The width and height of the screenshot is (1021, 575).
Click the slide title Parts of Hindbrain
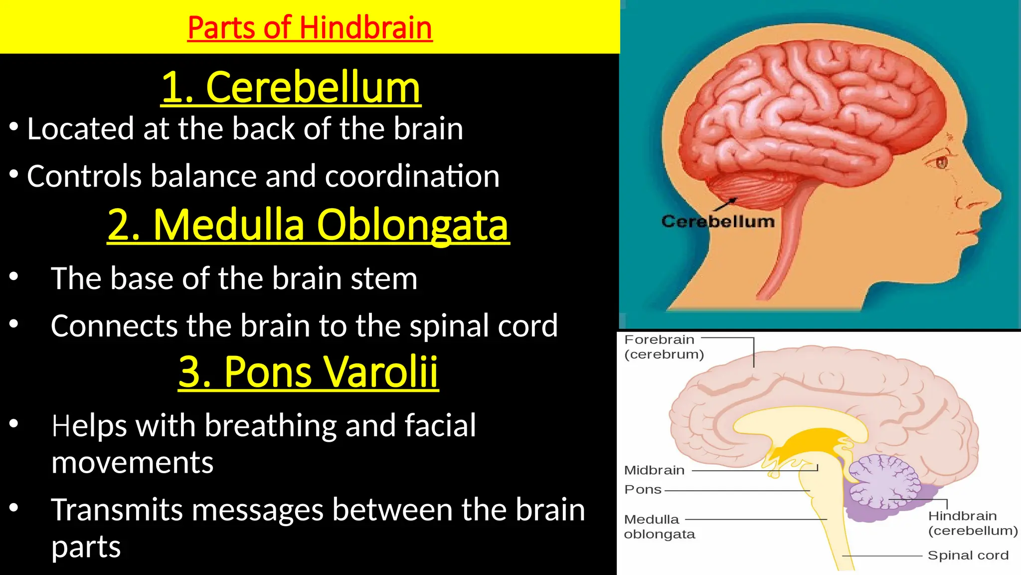310,27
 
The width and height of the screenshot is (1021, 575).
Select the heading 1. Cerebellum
291,87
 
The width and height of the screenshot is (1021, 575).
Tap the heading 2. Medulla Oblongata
308,225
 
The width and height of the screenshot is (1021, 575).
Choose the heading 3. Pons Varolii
308,372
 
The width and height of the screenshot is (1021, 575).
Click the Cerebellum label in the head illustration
718,222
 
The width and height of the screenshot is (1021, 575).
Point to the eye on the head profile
941,162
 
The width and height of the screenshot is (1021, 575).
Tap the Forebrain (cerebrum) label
664,347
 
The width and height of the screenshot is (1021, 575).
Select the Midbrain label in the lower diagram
654,470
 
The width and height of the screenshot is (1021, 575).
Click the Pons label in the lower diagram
643,490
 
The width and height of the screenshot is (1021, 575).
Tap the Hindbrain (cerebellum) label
972,523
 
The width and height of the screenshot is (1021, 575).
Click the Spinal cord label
968,556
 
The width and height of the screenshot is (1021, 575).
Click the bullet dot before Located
14,127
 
